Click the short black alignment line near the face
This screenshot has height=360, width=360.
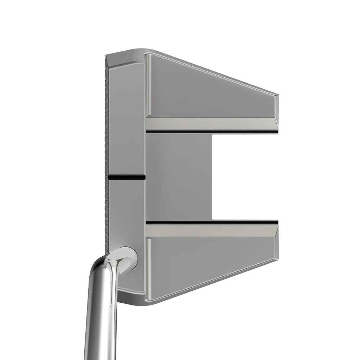(x=127, y=177)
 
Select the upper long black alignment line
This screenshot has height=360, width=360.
(x=211, y=132)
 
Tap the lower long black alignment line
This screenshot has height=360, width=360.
(x=211, y=222)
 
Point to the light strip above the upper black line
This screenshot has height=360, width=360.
(x=211, y=123)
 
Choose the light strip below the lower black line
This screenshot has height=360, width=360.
(x=211, y=230)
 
